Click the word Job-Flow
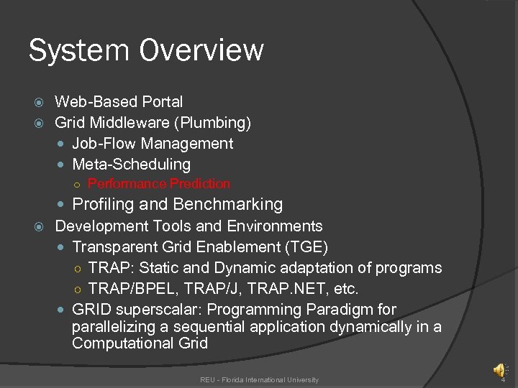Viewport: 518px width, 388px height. (x=101, y=144)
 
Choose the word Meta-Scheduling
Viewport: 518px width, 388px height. (x=132, y=165)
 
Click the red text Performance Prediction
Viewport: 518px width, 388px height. (x=159, y=184)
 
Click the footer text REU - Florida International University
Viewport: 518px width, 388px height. (x=259, y=379)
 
